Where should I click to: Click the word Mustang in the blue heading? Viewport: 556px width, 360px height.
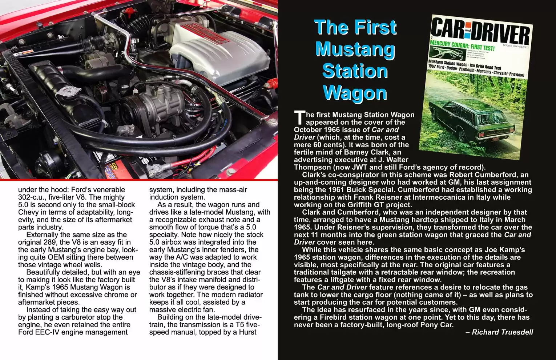(355, 49)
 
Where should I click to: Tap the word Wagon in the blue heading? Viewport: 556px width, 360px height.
(355, 93)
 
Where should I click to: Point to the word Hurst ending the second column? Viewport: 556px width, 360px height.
(247, 332)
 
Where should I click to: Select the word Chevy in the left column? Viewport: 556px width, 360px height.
(29, 212)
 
